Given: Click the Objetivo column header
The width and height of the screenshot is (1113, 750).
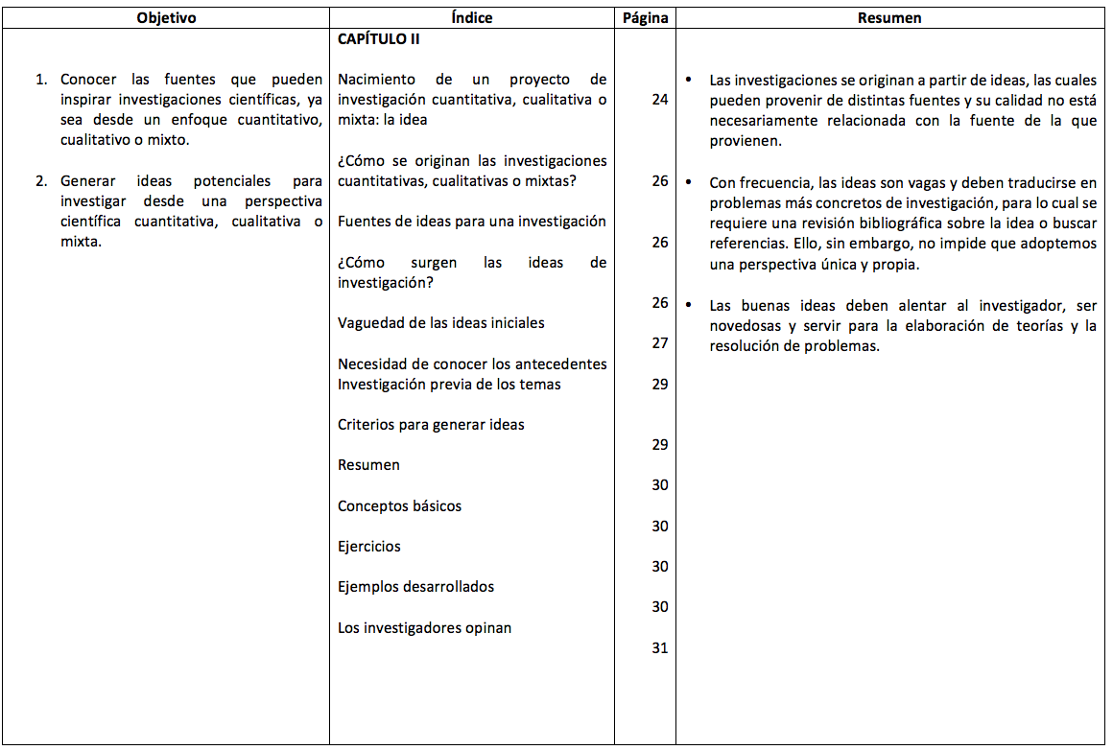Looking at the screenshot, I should click(x=166, y=18).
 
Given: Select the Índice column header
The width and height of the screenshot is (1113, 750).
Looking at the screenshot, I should click(x=472, y=18).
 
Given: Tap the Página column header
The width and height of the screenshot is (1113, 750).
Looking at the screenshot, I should click(x=645, y=18).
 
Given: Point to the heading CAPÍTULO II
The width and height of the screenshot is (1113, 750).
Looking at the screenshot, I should click(x=379, y=39).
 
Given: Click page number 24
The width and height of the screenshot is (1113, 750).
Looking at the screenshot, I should click(x=659, y=100).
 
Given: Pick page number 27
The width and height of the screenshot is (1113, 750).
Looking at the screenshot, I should click(x=659, y=343).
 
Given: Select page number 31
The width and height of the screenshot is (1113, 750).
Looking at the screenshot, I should click(x=659, y=648).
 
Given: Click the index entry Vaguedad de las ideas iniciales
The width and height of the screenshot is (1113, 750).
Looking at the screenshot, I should click(x=440, y=323).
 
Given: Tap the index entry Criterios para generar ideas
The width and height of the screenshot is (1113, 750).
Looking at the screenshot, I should click(x=431, y=424).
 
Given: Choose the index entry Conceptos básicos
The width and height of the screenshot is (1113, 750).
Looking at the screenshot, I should click(x=399, y=505).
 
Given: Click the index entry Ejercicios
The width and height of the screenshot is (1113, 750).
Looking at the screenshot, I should click(x=369, y=547).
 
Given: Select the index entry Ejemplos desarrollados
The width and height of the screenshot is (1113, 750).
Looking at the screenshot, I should click(x=415, y=587).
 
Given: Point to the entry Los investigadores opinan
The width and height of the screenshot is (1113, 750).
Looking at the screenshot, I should click(x=424, y=628).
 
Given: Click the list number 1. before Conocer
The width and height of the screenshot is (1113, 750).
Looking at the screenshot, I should click(x=42, y=80).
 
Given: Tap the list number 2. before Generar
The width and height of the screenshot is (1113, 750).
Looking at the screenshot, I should click(x=42, y=181).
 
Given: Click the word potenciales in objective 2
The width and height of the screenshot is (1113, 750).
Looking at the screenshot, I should click(x=231, y=181).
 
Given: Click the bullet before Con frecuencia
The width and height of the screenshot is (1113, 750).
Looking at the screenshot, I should click(x=689, y=182).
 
